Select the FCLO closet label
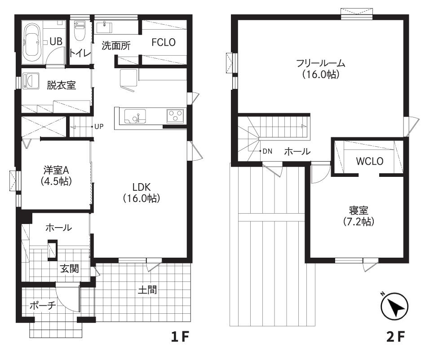click(163, 42)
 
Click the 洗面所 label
click(115, 45)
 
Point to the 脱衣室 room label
click(62, 85)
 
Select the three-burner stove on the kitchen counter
click(175, 116)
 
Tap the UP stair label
click(99, 127)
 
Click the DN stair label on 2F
click(267, 151)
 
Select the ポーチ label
click(42, 306)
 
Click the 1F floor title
click(182, 337)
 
